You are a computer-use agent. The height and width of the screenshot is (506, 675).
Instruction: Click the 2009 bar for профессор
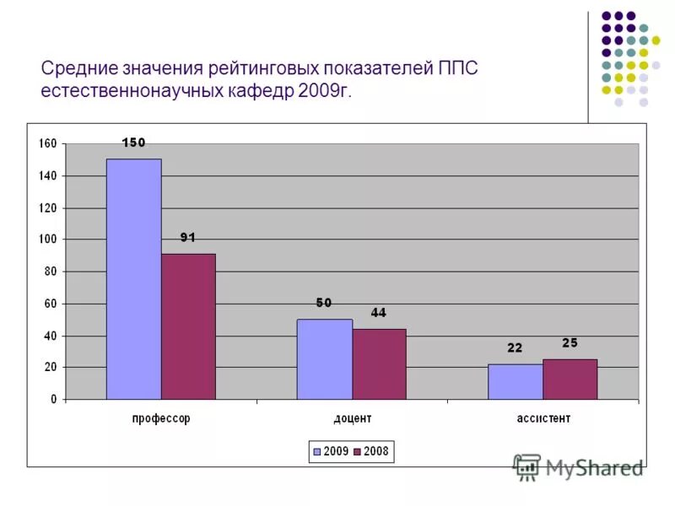[x=133, y=279]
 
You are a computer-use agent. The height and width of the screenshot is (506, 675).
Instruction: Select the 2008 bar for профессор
[x=188, y=326]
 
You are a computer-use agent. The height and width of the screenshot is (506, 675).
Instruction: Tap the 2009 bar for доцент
[x=324, y=359]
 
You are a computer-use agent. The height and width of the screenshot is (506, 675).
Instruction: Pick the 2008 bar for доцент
[x=379, y=364]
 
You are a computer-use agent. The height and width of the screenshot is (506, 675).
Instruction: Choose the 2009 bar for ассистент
[x=515, y=381]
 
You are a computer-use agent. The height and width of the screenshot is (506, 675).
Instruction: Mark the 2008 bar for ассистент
[x=570, y=379]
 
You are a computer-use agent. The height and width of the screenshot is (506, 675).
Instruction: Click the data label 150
[x=133, y=143]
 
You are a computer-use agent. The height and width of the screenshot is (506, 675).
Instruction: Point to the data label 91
[x=187, y=238]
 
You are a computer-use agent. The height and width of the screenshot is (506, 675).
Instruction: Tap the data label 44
[x=378, y=313]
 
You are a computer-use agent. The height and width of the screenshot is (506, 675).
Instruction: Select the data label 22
[x=515, y=347]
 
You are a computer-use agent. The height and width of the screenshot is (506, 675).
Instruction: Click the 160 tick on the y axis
[x=47, y=144]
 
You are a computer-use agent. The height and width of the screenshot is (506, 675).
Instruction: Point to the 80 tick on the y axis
[x=51, y=272]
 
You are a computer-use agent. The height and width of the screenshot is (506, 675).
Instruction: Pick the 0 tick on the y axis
[x=53, y=399]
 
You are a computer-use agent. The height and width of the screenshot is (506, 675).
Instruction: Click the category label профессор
[x=161, y=418]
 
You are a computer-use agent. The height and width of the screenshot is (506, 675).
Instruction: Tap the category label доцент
[x=352, y=418]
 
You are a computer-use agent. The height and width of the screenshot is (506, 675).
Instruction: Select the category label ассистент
[x=543, y=418]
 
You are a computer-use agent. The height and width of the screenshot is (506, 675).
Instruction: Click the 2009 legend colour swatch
[x=316, y=452]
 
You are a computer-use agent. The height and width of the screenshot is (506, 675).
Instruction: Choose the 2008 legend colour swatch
[x=357, y=452]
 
